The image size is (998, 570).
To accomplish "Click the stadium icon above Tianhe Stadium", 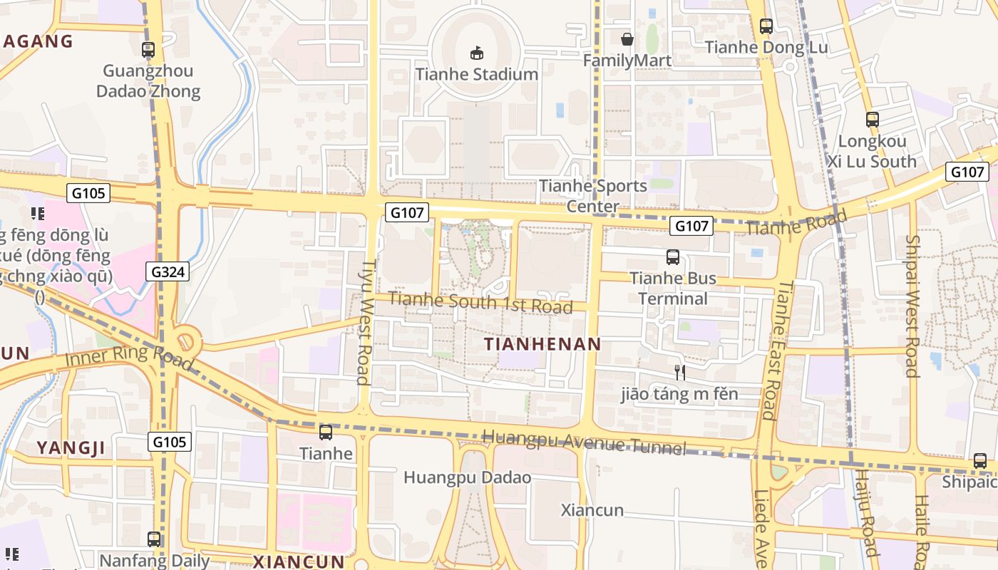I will point(476,52).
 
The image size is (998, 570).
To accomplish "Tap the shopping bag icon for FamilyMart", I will point(627,39).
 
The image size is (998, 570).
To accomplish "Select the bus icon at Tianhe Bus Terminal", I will point(673,257).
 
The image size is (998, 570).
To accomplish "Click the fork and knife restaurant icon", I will point(680,372).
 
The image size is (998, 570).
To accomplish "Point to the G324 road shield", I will point(169,271).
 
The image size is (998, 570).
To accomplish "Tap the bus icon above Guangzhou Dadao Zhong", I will point(148,50).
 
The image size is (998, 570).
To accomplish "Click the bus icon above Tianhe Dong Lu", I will point(766,26).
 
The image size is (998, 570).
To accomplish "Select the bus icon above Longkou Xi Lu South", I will point(873,119).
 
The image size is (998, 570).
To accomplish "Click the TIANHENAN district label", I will point(542,344).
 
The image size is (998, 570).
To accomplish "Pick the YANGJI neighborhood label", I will point(71,448).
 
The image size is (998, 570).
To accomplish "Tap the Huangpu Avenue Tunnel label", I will point(584,441).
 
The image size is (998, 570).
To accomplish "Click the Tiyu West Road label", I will point(365,321).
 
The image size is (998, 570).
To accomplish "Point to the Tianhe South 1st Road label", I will point(480,303).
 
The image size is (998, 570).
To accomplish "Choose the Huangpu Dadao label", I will point(468,477).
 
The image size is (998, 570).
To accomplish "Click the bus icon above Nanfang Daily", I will point(154,539).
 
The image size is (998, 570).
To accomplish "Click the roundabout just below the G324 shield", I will point(187,341).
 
